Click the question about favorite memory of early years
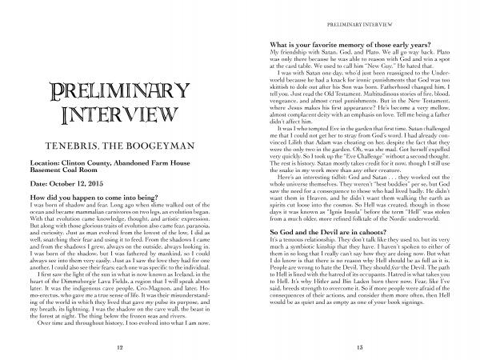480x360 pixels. tap(342, 38)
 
